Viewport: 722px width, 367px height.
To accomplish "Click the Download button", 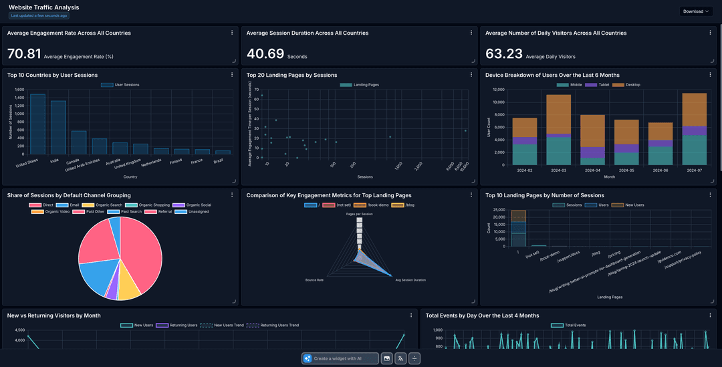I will pos(696,11).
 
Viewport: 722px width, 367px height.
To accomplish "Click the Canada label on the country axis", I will pos(73,161).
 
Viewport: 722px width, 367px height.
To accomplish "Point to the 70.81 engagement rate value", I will pos(24,54).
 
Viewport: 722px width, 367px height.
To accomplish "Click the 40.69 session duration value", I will pos(263,54).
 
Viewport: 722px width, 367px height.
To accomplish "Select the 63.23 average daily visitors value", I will pos(503,54).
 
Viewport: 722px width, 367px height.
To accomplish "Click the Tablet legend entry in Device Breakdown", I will pos(601,85).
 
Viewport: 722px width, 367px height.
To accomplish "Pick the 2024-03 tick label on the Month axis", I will pos(558,170).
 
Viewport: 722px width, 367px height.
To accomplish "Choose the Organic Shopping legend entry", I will pos(152,205).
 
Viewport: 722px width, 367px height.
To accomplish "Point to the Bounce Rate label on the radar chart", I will pos(314,279).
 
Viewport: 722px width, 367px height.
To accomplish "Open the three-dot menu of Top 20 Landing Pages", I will pos(471,75).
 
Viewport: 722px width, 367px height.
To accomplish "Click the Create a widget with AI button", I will pos(340,358).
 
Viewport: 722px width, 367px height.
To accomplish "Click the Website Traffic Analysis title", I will pos(43,7).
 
